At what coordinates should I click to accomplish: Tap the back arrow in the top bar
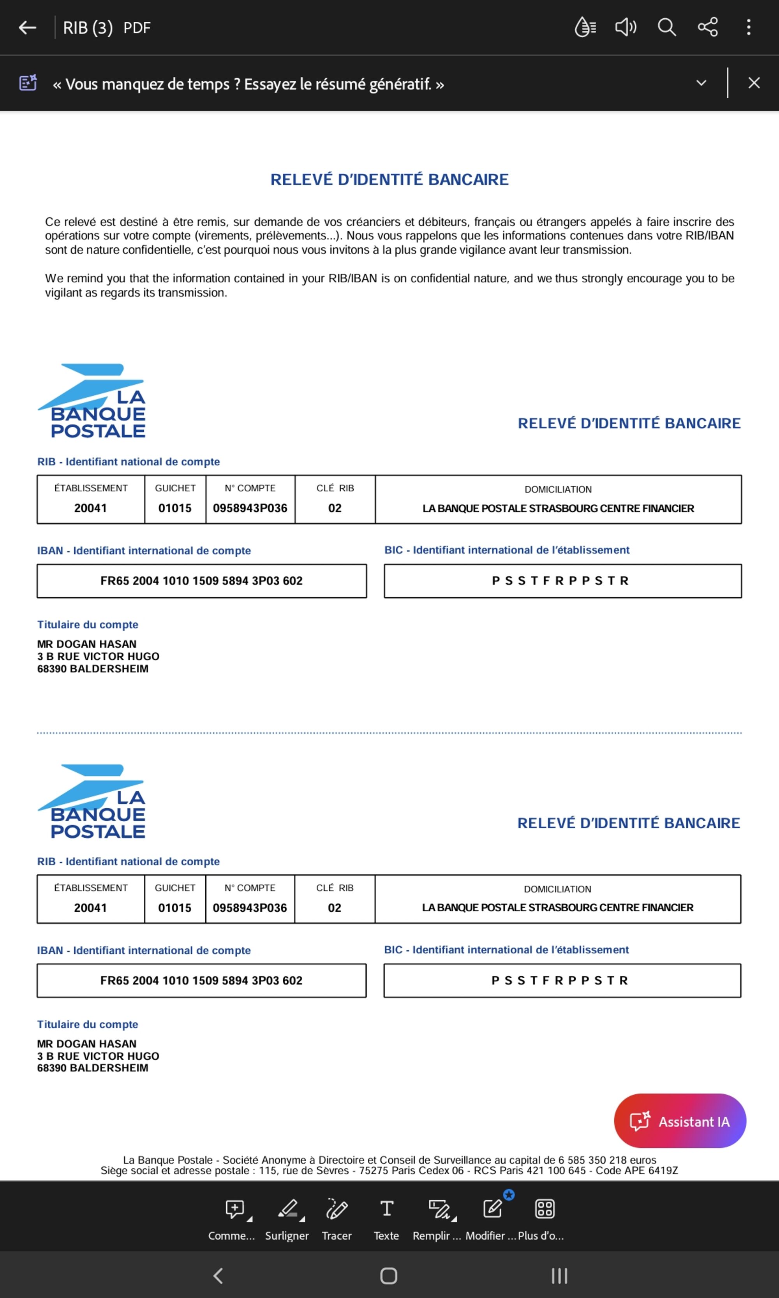[27, 27]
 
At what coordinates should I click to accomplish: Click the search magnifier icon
[667, 27]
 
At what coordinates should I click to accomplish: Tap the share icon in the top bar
[708, 27]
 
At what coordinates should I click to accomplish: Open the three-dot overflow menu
[749, 27]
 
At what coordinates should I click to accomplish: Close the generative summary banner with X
[754, 83]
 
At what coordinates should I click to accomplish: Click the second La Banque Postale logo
[92, 801]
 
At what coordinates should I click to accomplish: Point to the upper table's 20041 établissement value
[90, 508]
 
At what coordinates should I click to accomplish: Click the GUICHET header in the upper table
[175, 488]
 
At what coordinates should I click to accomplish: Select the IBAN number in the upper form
[202, 581]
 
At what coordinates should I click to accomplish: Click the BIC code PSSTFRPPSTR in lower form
[560, 981]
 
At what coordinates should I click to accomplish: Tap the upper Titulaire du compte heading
[88, 625]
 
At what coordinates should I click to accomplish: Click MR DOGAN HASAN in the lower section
[86, 1043]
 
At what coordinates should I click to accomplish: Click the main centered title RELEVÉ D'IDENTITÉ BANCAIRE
[389, 180]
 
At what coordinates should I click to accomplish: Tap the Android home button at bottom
[388, 1275]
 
